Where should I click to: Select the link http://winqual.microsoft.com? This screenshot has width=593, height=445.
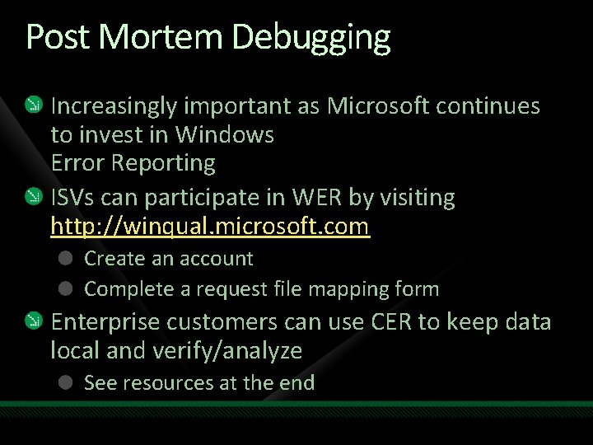(210, 226)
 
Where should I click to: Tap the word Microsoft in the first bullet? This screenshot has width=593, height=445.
(379, 106)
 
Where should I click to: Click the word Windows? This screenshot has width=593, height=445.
(224, 134)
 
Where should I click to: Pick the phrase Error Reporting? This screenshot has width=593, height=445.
(133, 163)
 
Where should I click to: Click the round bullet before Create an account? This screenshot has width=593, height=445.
(67, 258)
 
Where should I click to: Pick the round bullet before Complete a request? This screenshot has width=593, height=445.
(67, 288)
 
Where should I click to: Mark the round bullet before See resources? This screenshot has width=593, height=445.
(67, 382)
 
